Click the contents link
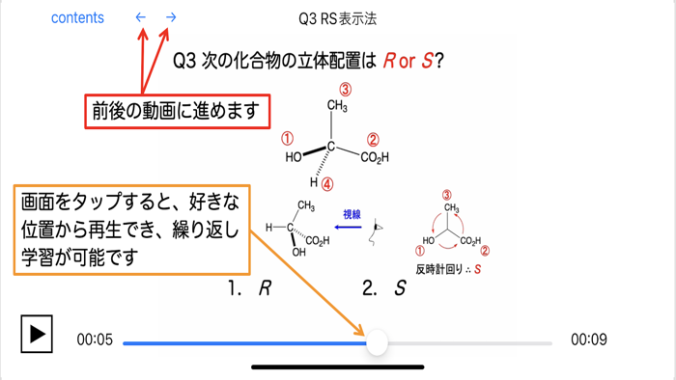coord(77,17)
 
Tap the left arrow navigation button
coord(141,17)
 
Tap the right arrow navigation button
coord(171,17)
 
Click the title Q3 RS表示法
coord(337,18)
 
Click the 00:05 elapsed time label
coord(95,339)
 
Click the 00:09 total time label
coord(588,339)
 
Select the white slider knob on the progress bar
coord(378,341)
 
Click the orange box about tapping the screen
coord(132,230)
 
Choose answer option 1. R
coord(248,288)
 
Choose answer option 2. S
coord(383,288)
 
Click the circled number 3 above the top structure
coord(344,90)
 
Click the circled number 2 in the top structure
coord(373,140)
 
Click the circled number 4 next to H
coord(327,184)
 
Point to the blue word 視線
coord(352,214)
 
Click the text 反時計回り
coord(439,269)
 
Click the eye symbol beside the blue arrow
coord(379,230)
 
